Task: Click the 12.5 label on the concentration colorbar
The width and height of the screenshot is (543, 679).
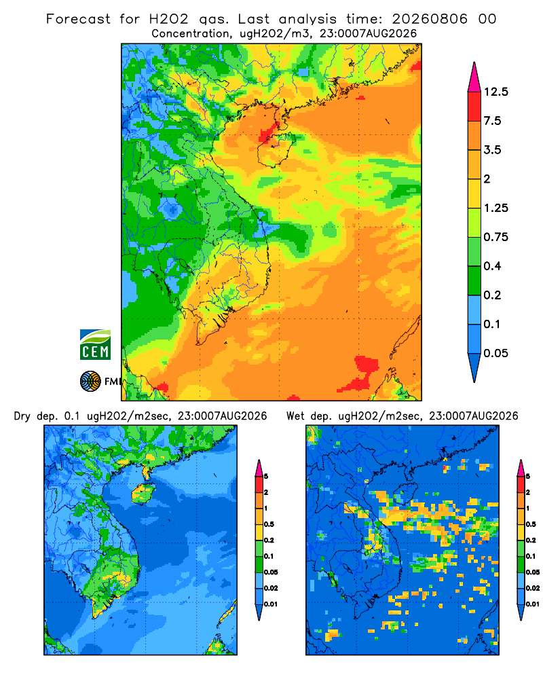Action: tap(495, 92)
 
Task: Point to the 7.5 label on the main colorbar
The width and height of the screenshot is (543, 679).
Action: tap(492, 121)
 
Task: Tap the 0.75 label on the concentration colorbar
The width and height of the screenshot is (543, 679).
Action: tap(495, 237)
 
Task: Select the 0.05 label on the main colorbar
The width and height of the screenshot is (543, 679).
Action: tap(495, 353)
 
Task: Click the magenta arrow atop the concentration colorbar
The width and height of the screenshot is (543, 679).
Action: tap(474, 77)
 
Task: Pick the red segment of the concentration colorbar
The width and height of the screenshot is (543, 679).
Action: tap(474, 107)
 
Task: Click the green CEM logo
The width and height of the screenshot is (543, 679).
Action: tap(95, 345)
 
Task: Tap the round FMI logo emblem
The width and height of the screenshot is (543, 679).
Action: tap(90, 382)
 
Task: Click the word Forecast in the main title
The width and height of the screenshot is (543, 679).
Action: tap(78, 19)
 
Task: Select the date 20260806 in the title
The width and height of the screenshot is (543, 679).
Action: tap(430, 19)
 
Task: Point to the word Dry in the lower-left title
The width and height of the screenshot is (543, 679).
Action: tap(22, 416)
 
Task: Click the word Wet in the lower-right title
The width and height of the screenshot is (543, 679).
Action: tap(296, 416)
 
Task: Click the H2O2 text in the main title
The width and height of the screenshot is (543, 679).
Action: tap(168, 19)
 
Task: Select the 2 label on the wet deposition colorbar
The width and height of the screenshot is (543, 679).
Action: tap(528, 492)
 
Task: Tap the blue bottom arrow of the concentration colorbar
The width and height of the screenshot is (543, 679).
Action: tap(474, 367)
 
